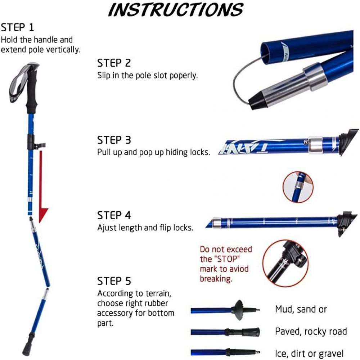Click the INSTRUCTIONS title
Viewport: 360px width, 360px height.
tap(176, 10)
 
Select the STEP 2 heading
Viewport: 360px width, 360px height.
tap(114, 63)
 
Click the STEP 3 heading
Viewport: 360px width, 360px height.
tap(114, 140)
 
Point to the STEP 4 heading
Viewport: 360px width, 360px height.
tap(114, 215)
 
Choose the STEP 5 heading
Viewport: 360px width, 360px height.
tap(114, 281)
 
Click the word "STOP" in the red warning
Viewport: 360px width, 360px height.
tap(225, 259)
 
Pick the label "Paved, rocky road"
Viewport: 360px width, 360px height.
tap(311, 332)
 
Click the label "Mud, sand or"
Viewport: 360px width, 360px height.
tap(301, 309)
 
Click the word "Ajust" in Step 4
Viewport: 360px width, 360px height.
tap(107, 228)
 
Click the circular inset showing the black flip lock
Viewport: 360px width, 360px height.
tap(286, 263)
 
